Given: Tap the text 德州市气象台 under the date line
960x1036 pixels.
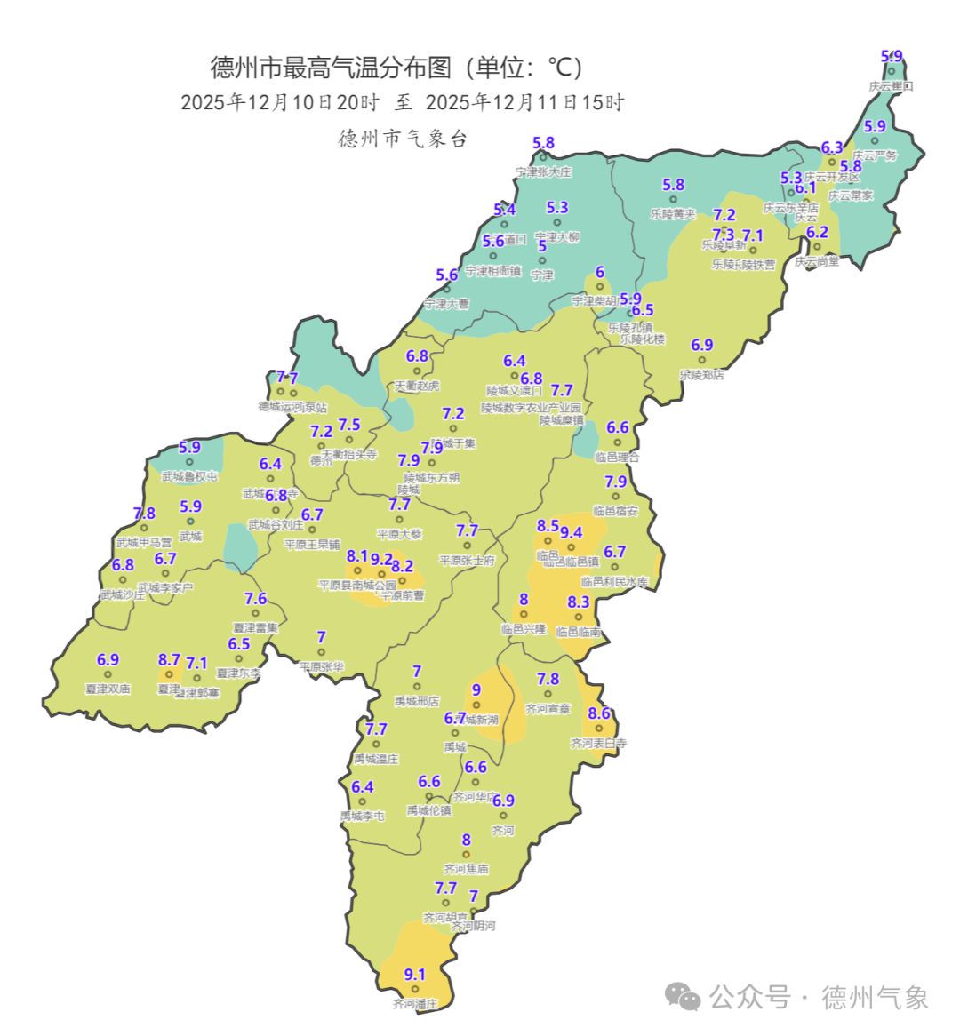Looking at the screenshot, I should click(x=403, y=139).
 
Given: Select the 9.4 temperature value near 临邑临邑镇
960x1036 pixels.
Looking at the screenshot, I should click(x=571, y=533).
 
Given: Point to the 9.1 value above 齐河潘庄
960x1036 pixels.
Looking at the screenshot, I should click(x=415, y=975).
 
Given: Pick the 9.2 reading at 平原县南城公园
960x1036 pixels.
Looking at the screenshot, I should click(x=382, y=560).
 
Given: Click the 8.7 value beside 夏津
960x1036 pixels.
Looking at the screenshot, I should click(x=169, y=660).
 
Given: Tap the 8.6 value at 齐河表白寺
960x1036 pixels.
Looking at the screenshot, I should click(x=599, y=713).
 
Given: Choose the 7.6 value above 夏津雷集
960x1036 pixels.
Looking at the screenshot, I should click(x=256, y=599).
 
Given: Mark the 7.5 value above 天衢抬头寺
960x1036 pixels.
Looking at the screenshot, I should click(x=349, y=426).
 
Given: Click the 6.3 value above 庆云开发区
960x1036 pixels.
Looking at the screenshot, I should click(x=832, y=147).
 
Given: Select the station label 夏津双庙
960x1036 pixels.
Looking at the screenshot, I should click(x=108, y=689).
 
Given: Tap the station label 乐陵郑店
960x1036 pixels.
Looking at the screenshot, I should click(x=701, y=375).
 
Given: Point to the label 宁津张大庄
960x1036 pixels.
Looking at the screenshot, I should click(x=543, y=172).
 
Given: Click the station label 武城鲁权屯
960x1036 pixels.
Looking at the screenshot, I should click(x=189, y=477).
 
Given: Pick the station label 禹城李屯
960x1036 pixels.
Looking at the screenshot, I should click(x=363, y=816).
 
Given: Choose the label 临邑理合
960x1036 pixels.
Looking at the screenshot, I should click(x=617, y=458).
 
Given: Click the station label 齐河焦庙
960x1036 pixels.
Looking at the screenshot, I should click(x=466, y=869).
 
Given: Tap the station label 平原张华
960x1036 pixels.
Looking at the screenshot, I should click(x=321, y=666).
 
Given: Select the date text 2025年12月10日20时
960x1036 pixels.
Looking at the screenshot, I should click(x=280, y=102).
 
